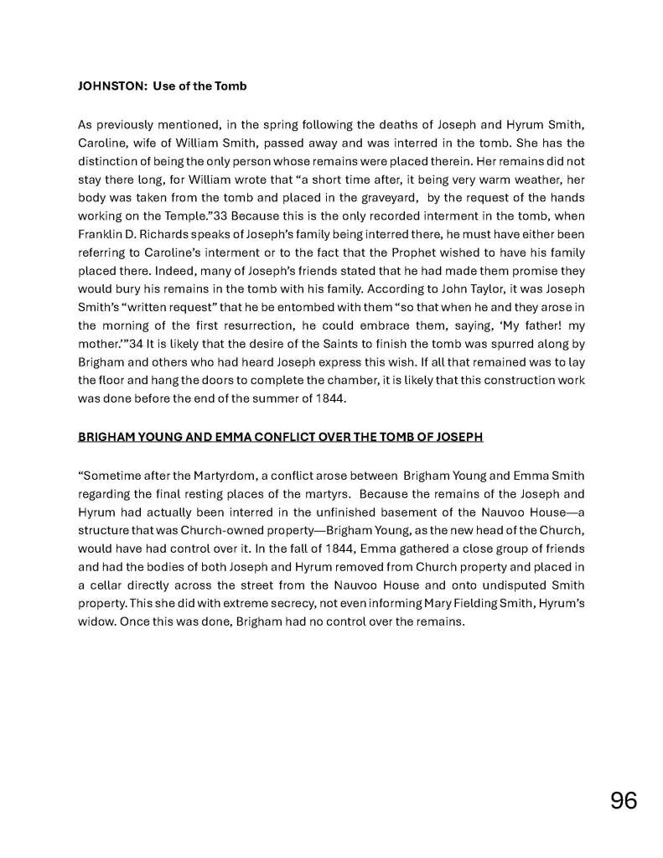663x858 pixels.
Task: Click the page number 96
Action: (624, 801)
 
